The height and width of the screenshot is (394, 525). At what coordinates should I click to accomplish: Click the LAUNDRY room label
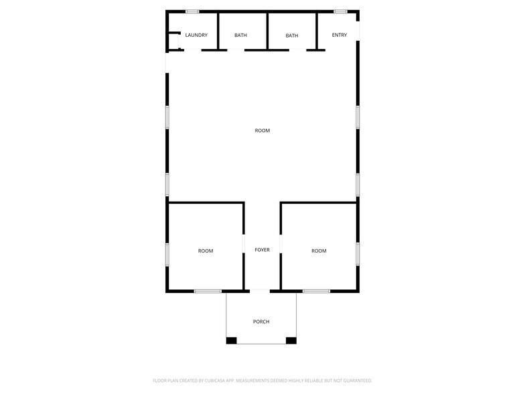coord(196,35)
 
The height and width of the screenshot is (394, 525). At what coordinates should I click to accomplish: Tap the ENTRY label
coord(339,35)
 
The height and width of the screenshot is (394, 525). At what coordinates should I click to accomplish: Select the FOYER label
coord(262,250)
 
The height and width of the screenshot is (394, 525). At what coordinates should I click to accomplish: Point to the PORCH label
coord(261,322)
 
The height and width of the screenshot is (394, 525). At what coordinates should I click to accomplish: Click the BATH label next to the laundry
coord(241,35)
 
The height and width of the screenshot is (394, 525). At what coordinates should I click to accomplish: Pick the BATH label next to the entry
coord(292,36)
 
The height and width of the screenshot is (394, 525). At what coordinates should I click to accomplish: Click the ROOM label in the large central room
coord(262,131)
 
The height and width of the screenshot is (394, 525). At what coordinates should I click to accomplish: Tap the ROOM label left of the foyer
coord(206,251)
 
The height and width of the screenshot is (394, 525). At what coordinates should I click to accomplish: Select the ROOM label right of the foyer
coord(319,251)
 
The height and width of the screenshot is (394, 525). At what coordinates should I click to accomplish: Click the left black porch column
coord(232,340)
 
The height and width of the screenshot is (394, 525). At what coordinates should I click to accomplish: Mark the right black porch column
coord(291,340)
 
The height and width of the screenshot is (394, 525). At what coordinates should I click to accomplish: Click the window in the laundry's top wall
coord(193,12)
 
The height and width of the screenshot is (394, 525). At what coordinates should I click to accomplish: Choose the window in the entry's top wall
coord(340,12)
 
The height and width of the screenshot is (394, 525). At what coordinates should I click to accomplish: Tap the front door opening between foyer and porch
coord(260,291)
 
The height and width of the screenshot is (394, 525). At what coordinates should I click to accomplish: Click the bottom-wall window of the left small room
coord(208,291)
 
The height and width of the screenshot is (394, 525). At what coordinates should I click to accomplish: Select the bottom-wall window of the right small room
coord(316,291)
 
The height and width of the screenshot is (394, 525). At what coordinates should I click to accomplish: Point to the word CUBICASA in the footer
coord(215,381)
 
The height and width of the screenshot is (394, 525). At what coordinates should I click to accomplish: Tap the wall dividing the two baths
coord(267,31)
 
